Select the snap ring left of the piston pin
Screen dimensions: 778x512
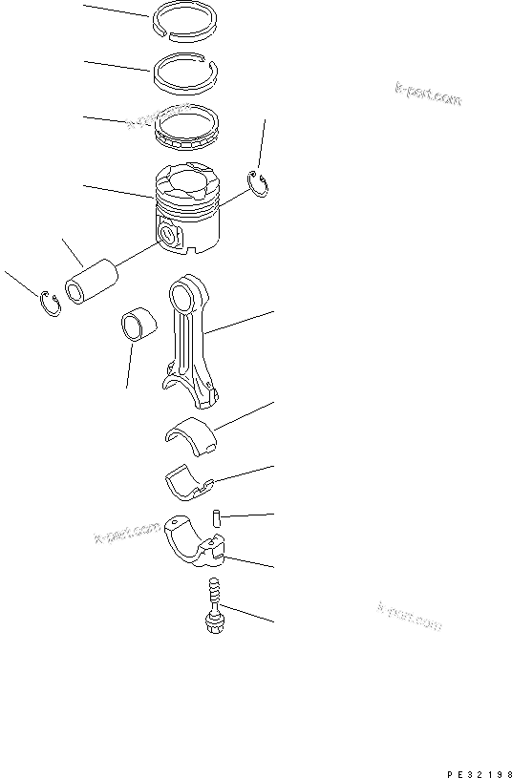51,304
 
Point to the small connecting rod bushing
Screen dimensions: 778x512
135,326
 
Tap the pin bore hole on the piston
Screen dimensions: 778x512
170,233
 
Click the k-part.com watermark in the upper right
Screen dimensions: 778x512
427,93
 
